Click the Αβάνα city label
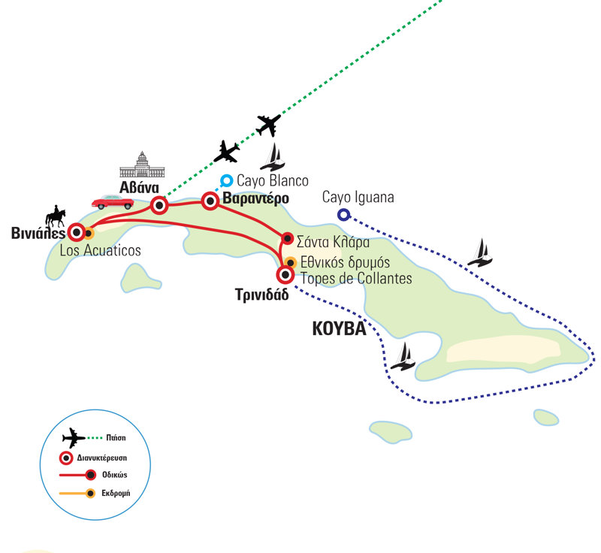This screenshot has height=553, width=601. pyautogui.click(x=139, y=187)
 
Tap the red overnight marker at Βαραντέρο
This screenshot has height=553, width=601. pyautogui.click(x=210, y=201)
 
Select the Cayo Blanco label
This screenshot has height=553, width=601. pyautogui.click(x=273, y=180)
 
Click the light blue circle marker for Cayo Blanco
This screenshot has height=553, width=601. pyautogui.click(x=227, y=180)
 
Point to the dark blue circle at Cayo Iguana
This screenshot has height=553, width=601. pyautogui.click(x=344, y=215)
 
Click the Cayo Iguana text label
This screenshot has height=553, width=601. pyautogui.click(x=358, y=197)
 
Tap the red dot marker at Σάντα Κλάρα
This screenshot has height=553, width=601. pyautogui.click(x=288, y=238)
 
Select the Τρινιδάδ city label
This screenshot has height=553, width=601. pyautogui.click(x=261, y=295)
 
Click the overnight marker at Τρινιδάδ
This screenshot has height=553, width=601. pyautogui.click(x=285, y=274)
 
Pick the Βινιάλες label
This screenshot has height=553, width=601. pyautogui.click(x=38, y=233)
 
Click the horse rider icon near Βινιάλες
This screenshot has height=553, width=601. pyautogui.click(x=56, y=216)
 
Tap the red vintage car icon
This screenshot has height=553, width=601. pyautogui.click(x=113, y=202)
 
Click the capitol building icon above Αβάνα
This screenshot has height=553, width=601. pyautogui.click(x=142, y=165)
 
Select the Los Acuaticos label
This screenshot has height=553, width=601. pyautogui.click(x=101, y=250)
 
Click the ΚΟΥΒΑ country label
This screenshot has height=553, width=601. pyautogui.click(x=340, y=329)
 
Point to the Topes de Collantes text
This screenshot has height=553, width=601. pyautogui.click(x=356, y=278)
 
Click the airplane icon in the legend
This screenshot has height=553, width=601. pyautogui.click(x=74, y=437)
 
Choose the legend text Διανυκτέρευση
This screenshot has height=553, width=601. pyautogui.click(x=102, y=458)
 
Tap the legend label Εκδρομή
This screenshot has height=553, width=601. pyautogui.click(x=116, y=493)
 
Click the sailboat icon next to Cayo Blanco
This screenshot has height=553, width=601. pyautogui.click(x=272, y=157)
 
